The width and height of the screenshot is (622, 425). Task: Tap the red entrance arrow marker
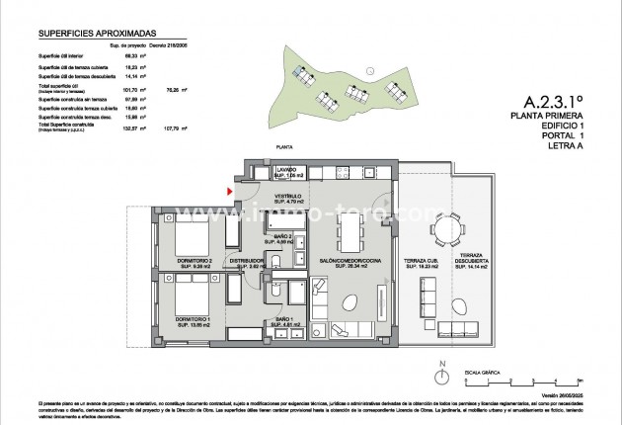230,191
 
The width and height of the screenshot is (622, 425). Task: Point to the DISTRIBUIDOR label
245,264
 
